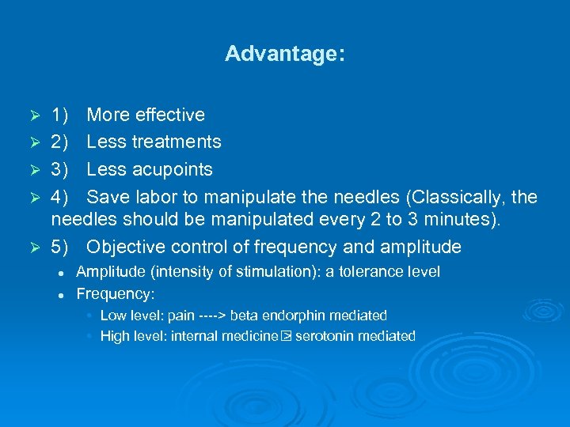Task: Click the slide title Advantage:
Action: point(285,54)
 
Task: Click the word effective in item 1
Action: point(169,115)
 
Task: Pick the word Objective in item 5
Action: point(125,247)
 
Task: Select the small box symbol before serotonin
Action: point(287,336)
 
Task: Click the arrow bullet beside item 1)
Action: point(35,116)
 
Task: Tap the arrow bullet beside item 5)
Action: point(35,248)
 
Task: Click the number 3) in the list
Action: point(60,170)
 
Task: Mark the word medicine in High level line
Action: point(252,336)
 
